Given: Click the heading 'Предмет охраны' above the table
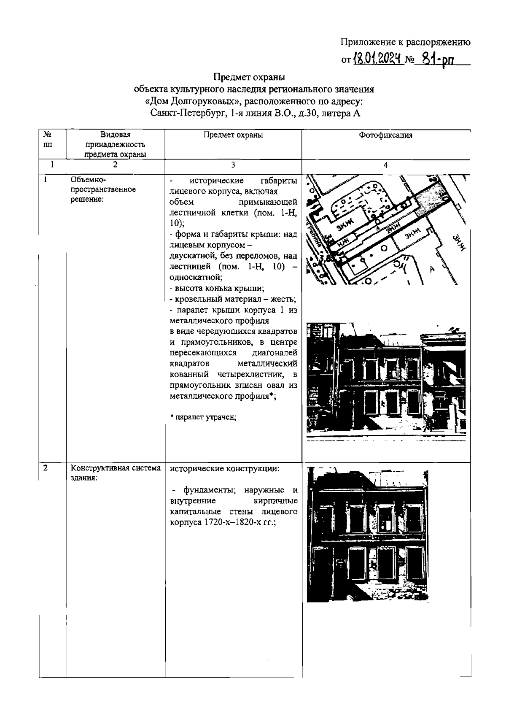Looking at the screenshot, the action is (x=249, y=77).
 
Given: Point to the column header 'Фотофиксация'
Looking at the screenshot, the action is (x=385, y=135).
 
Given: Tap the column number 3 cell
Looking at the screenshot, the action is (x=233, y=165).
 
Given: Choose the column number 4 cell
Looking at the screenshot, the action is (x=385, y=165).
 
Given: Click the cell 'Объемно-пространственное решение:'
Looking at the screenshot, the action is (x=103, y=189).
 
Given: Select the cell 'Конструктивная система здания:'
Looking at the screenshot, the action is (x=116, y=473).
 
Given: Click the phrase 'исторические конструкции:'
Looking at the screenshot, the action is (x=224, y=469).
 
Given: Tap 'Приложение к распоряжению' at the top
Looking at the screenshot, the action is (x=405, y=42).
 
